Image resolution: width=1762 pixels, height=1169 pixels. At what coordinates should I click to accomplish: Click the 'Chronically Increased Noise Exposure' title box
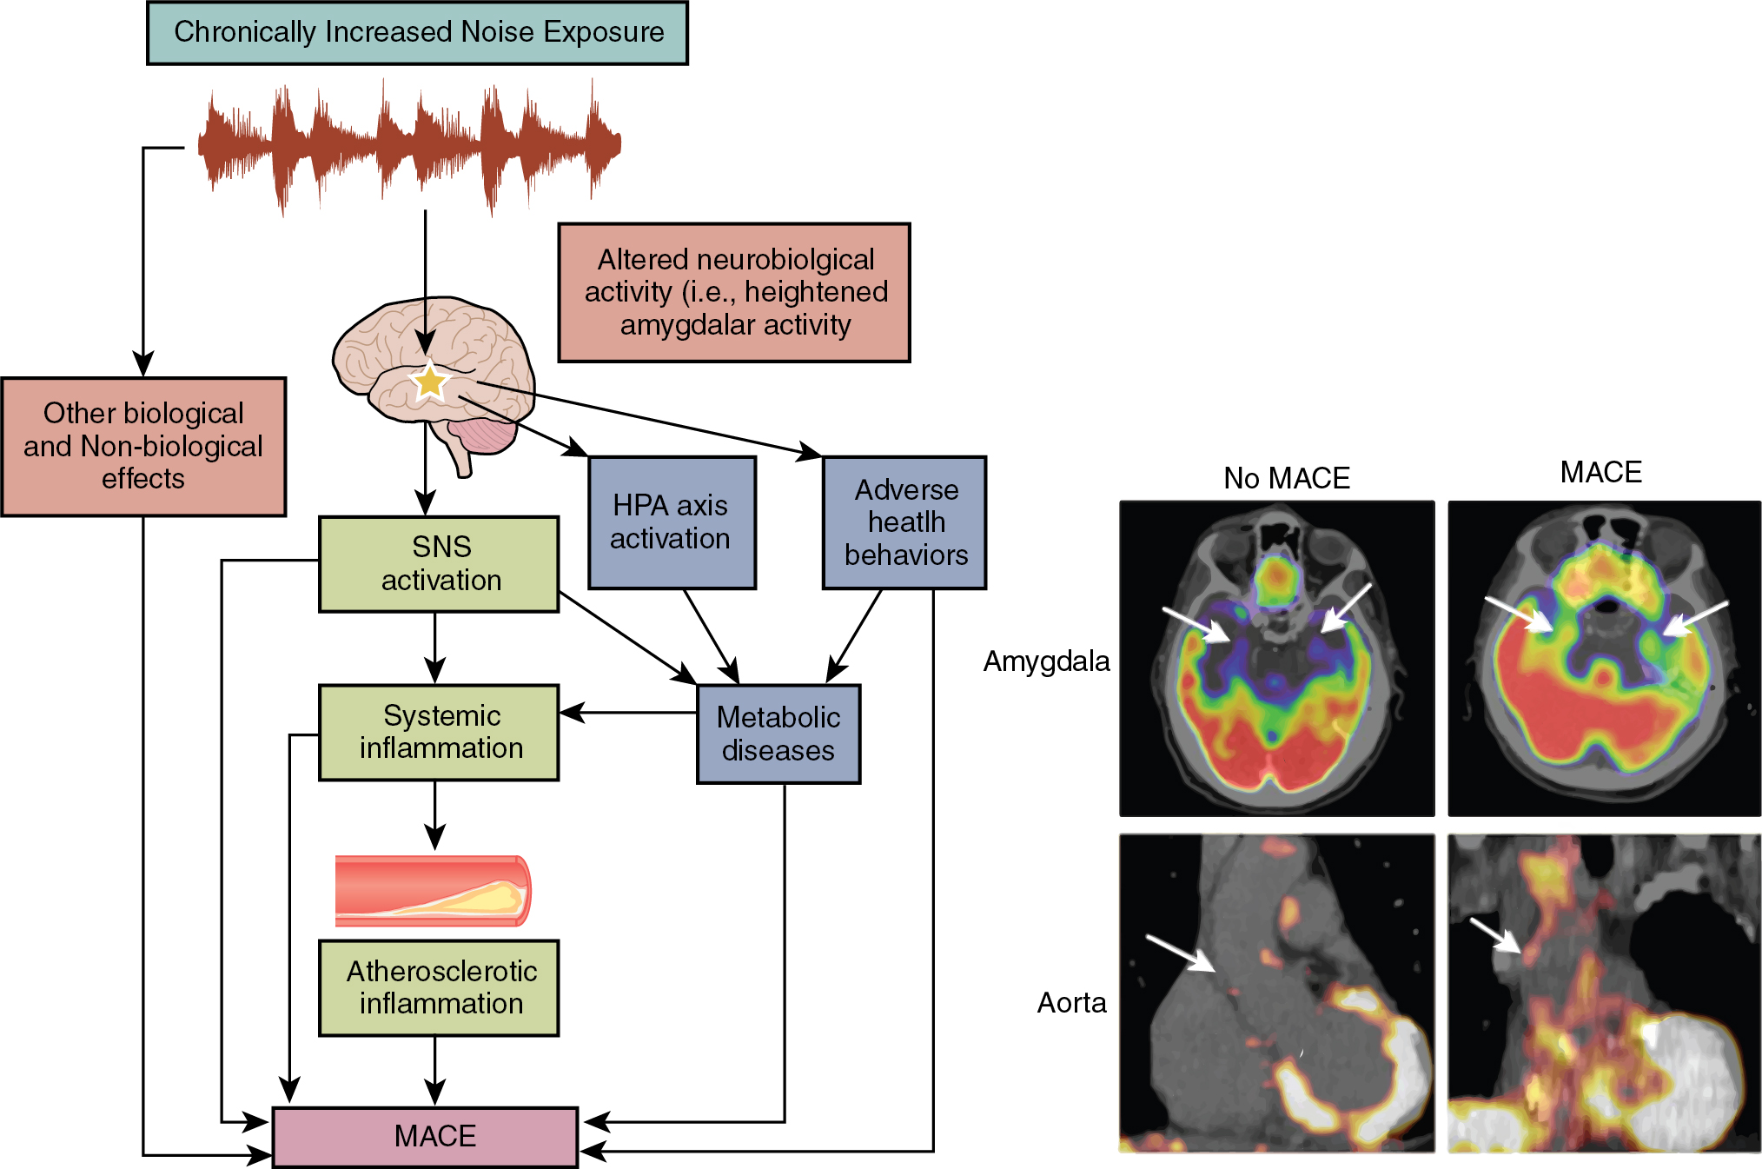pyautogui.click(x=417, y=33)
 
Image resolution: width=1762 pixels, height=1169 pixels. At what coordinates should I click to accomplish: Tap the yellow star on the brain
pyautogui.click(x=429, y=382)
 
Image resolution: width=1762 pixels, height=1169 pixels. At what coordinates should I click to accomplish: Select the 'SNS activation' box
pyautogui.click(x=439, y=564)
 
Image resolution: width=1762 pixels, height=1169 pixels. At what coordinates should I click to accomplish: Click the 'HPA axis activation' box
pyautogui.click(x=672, y=522)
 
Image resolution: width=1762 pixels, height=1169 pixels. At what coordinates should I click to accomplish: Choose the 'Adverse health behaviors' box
pyautogui.click(x=904, y=522)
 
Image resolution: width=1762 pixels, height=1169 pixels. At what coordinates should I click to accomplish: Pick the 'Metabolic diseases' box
pyautogui.click(x=778, y=734)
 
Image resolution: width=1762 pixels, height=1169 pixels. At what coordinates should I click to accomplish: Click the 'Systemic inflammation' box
pyautogui.click(x=439, y=732)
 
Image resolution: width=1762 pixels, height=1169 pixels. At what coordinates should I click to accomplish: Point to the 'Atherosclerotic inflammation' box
pyautogui.click(x=439, y=987)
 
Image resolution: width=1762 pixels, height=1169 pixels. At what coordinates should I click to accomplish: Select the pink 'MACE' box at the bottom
pyautogui.click(x=426, y=1136)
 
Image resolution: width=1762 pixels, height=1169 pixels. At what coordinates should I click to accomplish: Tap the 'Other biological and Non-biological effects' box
pyautogui.click(x=143, y=446)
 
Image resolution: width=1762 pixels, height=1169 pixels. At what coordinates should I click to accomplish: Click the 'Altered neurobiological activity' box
pyautogui.click(x=734, y=292)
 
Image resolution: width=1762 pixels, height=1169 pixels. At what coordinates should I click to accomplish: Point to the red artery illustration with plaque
pyautogui.click(x=433, y=890)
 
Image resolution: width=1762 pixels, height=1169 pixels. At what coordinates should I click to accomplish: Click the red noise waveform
pyautogui.click(x=408, y=144)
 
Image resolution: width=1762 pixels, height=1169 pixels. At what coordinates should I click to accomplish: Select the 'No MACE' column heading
pyautogui.click(x=1286, y=478)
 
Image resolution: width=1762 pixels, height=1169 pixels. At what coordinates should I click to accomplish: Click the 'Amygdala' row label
pyautogui.click(x=1046, y=661)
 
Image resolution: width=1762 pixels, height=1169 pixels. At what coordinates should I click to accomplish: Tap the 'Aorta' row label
pyautogui.click(x=1071, y=1003)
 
